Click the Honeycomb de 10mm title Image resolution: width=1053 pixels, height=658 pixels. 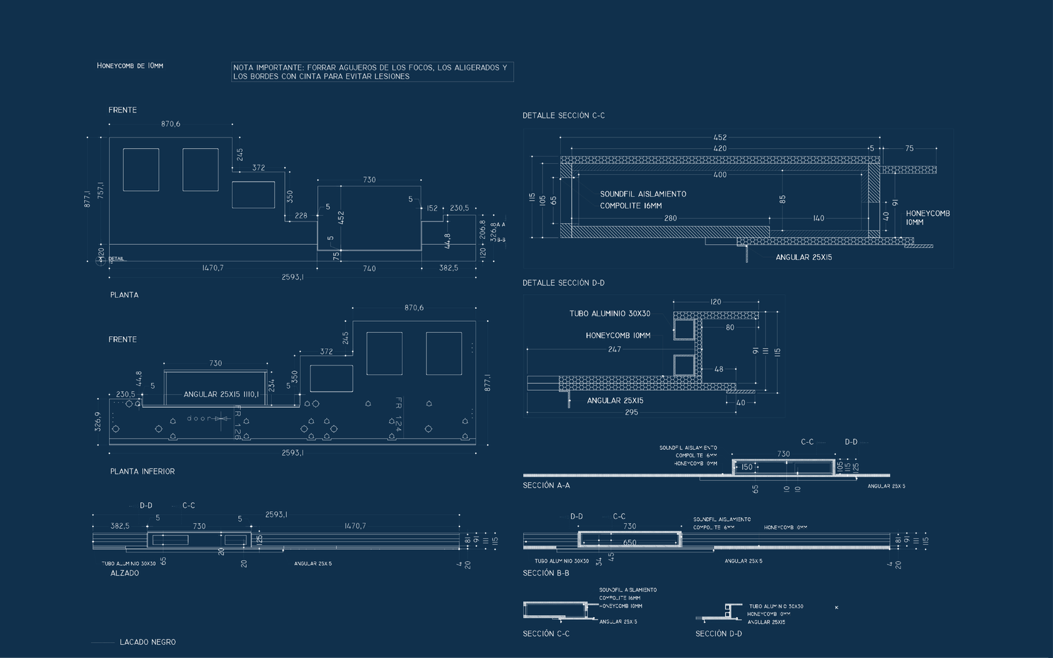pyautogui.click(x=130, y=66)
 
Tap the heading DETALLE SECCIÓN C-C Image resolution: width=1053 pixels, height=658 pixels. pyautogui.click(x=563, y=116)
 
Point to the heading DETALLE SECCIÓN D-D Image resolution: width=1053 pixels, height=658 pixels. pyautogui.click(x=563, y=283)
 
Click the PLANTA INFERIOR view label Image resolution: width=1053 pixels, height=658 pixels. pyautogui.click(x=142, y=472)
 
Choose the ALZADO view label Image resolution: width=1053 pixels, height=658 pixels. pyautogui.click(x=124, y=573)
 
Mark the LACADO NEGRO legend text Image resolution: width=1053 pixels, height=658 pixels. pyautogui.click(x=147, y=642)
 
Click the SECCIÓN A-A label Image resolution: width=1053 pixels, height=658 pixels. pyautogui.click(x=546, y=486)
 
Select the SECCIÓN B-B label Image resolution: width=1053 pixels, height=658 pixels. pyautogui.click(x=546, y=573)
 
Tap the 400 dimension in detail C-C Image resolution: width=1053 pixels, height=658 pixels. pyautogui.click(x=720, y=175)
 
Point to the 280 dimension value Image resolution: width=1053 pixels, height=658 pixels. pyautogui.click(x=670, y=218)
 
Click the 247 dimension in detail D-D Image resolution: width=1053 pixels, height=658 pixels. pyautogui.click(x=614, y=349)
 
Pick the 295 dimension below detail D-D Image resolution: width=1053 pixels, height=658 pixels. pyautogui.click(x=631, y=413)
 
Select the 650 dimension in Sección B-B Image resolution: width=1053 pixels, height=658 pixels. pyautogui.click(x=629, y=544)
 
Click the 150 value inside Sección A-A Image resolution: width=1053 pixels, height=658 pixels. pyautogui.click(x=746, y=467)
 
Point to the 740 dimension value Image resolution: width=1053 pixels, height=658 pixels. pyautogui.click(x=369, y=268)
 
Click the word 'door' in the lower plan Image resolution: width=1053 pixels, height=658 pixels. pyautogui.click(x=198, y=418)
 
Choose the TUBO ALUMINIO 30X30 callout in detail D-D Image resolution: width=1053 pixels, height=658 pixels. pyautogui.click(x=609, y=314)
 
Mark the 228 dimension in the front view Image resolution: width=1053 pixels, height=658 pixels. pyautogui.click(x=301, y=216)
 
